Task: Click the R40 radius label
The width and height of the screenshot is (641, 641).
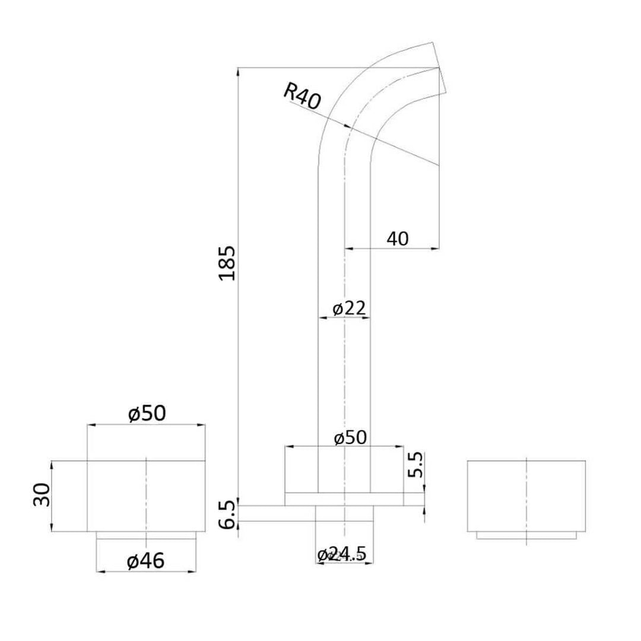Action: click(x=302, y=96)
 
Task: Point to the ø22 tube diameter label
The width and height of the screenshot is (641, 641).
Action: click(x=348, y=309)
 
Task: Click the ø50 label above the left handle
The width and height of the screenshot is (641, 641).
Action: click(x=147, y=414)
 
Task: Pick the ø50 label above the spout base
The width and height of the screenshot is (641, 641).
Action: click(x=350, y=438)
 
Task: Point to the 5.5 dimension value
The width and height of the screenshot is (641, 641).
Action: click(x=415, y=465)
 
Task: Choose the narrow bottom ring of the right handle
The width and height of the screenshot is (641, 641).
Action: click(x=526, y=536)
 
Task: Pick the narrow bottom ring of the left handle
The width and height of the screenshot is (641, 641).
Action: click(x=146, y=536)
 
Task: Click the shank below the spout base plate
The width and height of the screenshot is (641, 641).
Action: click(x=344, y=514)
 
